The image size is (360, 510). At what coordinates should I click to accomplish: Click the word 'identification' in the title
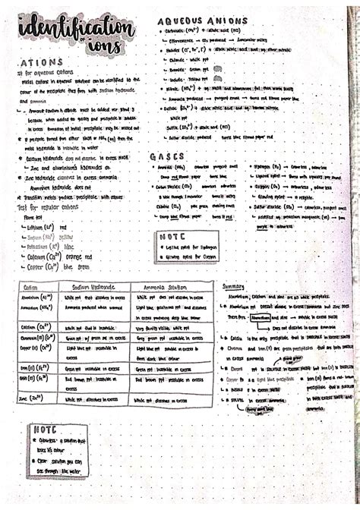pyautogui.click(x=74, y=29)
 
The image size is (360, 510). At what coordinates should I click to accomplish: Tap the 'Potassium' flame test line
pyautogui.click(x=47, y=245)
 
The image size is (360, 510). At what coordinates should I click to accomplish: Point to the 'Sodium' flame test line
pyautogui.click(x=44, y=235)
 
